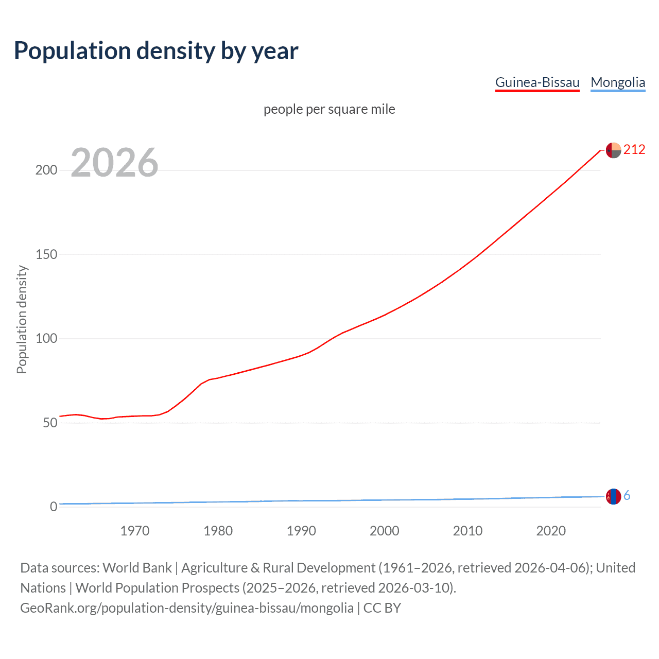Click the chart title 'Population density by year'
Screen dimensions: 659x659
point(156,51)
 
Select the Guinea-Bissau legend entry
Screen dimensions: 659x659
point(537,82)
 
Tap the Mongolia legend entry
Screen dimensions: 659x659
point(617,82)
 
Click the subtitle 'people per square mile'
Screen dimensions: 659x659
point(329,109)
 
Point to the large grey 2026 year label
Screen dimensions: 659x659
point(114,163)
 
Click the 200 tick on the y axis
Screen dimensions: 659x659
point(46,170)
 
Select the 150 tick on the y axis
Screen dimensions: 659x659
point(46,254)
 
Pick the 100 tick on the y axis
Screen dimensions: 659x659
point(46,339)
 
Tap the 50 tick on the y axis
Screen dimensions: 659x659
point(50,423)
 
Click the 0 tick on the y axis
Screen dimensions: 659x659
point(54,507)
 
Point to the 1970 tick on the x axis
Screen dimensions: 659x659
point(135,531)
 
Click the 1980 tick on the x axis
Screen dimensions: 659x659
point(218,531)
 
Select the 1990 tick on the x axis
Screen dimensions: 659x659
point(301,531)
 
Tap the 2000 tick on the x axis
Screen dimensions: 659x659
point(385,531)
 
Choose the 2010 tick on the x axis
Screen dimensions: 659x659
point(467,531)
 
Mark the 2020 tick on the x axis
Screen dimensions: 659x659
point(551,531)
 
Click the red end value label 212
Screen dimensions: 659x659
point(634,149)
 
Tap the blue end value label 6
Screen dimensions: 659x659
point(627,495)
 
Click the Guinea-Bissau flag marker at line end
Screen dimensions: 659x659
point(613,150)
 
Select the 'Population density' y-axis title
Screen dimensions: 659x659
point(22,319)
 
